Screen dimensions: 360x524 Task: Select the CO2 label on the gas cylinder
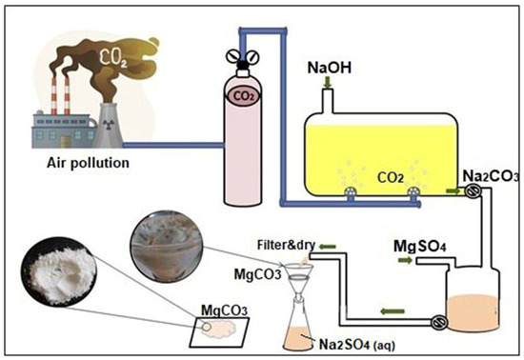pyautogui.click(x=245, y=94)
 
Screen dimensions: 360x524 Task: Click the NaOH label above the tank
pyautogui.click(x=332, y=70)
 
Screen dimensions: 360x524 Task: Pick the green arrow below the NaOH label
pyautogui.click(x=329, y=87)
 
